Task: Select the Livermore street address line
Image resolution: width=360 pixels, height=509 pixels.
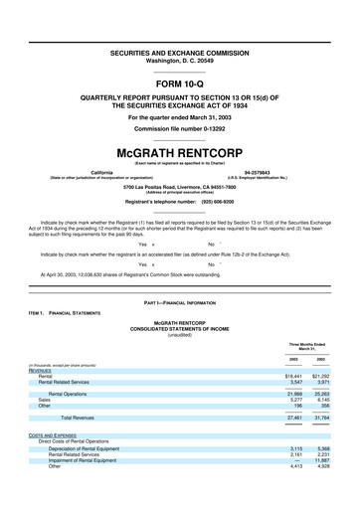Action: pos(180,187)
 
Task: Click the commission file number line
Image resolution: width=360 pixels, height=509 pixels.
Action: pos(180,129)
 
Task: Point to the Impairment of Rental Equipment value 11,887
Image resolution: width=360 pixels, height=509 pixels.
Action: pos(322,487)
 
